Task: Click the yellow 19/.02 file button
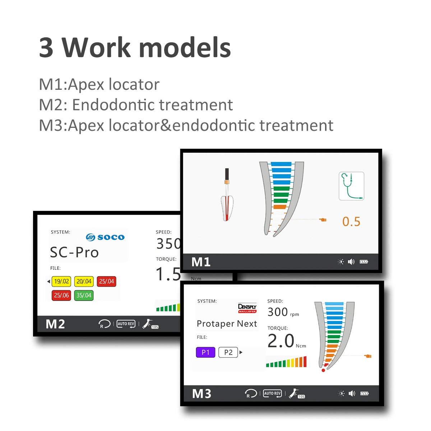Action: point(61,281)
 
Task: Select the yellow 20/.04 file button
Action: point(84,281)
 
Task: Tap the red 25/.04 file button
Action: point(106,281)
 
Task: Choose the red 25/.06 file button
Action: point(61,295)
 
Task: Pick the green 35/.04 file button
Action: point(84,295)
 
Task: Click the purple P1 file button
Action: point(205,352)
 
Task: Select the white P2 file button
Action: point(228,352)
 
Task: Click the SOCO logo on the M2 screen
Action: point(105,237)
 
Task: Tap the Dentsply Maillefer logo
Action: point(247,308)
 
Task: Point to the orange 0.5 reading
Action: point(351,222)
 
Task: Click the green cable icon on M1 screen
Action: point(351,186)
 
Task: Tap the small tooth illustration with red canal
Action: point(227,195)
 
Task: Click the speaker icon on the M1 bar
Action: point(351,261)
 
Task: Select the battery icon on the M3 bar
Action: point(365,393)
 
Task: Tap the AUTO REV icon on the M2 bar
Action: point(126,324)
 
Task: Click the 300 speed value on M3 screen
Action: point(278,312)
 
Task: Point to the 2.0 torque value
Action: point(281,340)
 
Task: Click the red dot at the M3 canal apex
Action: point(323,370)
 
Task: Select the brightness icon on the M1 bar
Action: point(340,261)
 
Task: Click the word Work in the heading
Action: point(96,47)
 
